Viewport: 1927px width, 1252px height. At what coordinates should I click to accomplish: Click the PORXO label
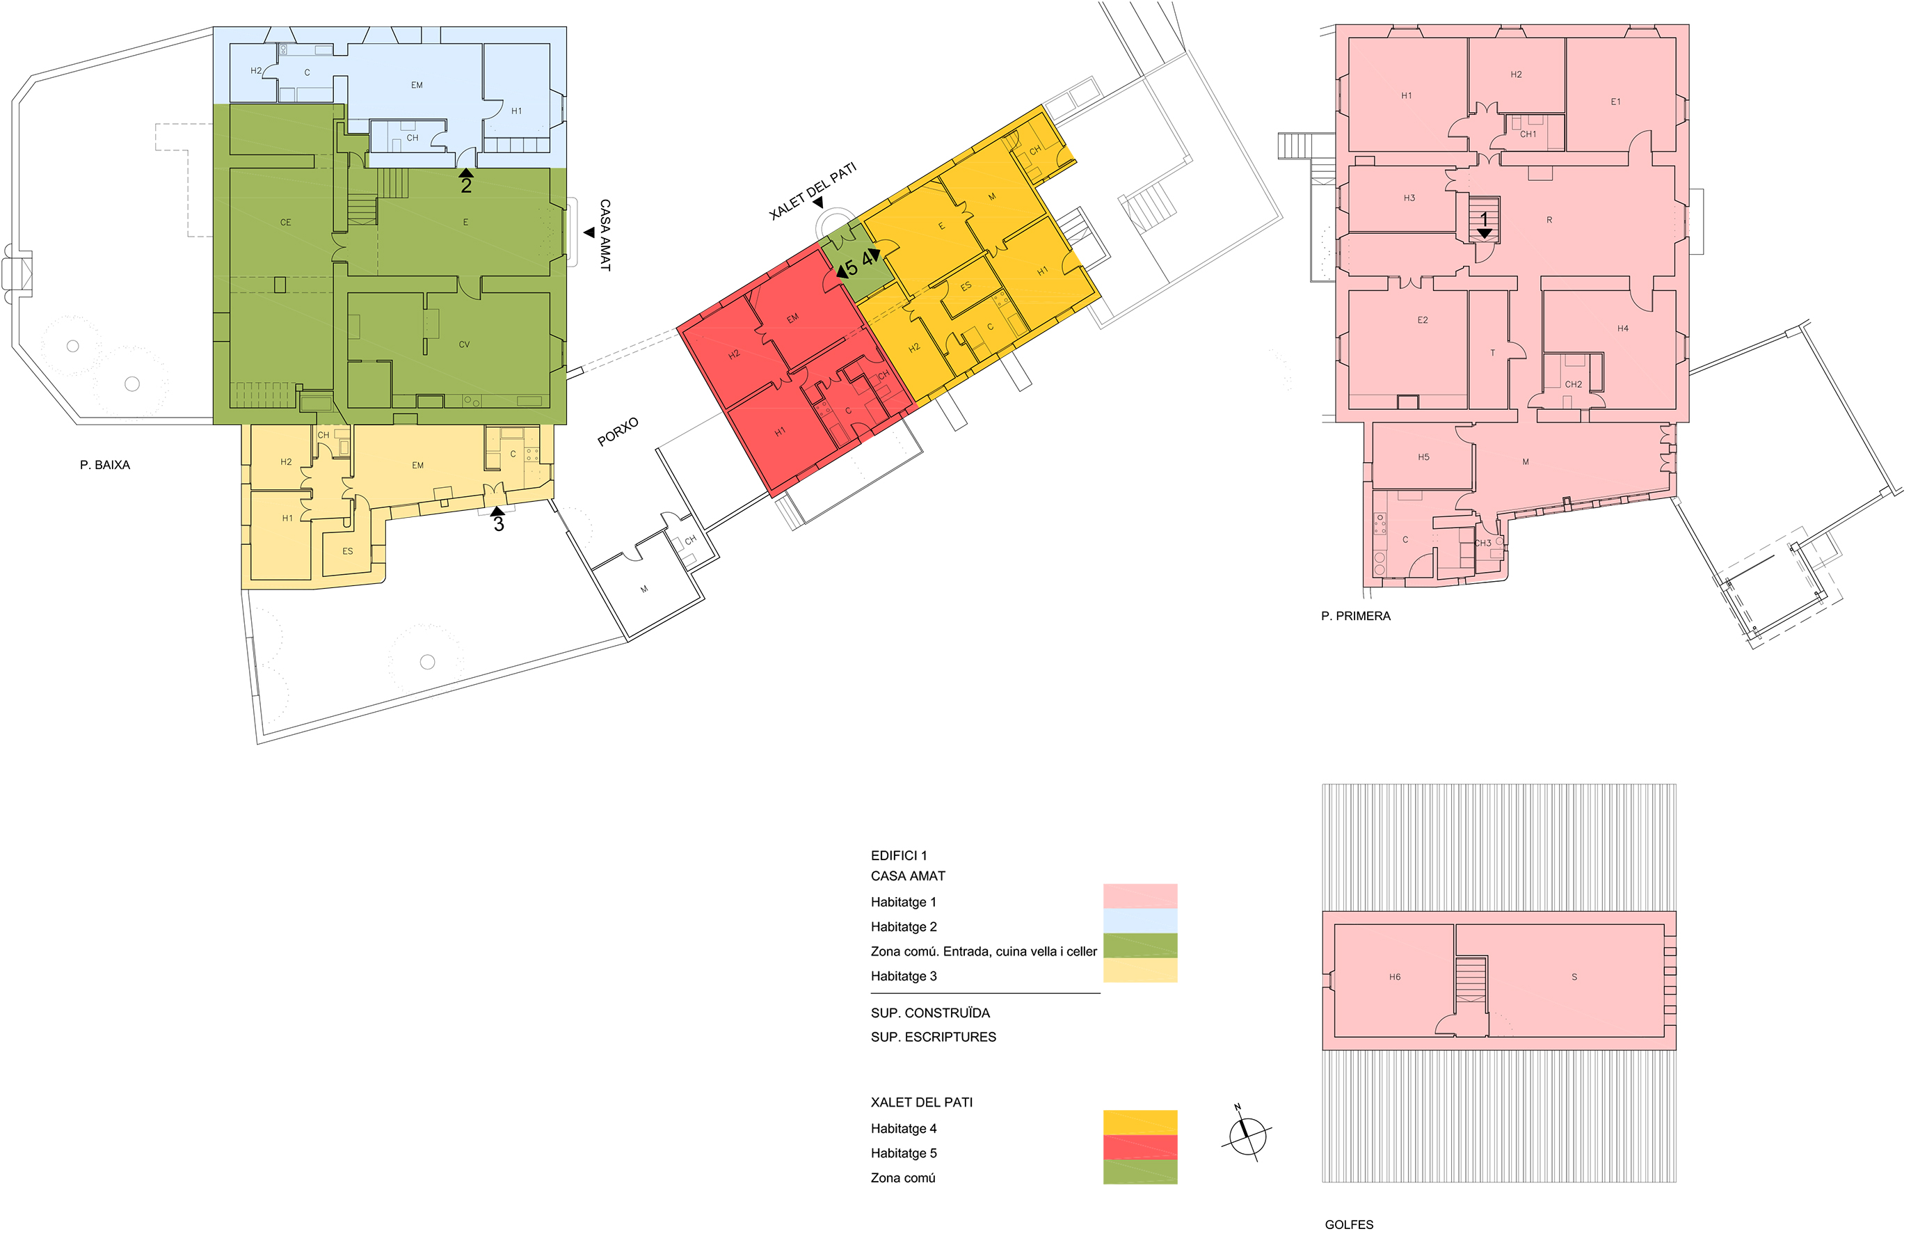tap(618, 431)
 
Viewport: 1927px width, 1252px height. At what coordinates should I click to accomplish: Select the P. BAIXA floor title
tap(105, 465)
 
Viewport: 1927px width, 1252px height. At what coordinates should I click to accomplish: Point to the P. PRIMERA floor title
tap(1355, 617)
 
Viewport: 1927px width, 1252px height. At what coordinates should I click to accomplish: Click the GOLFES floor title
tap(1349, 1224)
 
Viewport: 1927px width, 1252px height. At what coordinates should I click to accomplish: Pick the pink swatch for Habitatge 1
tap(1140, 896)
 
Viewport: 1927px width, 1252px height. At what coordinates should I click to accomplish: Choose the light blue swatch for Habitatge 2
tap(1140, 921)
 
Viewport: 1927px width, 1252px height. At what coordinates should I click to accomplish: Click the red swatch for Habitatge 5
tap(1140, 1147)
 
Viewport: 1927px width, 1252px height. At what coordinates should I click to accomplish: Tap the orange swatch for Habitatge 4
tap(1140, 1123)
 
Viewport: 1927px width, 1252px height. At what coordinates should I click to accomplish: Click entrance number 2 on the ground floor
tap(466, 185)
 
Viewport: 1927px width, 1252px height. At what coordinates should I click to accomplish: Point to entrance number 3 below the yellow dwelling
tap(499, 524)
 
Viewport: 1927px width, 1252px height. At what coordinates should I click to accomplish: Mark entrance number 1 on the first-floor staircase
tap(1484, 219)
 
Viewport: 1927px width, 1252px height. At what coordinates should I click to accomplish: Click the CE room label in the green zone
tap(286, 223)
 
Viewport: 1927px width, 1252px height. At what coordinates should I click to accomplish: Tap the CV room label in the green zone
tap(464, 345)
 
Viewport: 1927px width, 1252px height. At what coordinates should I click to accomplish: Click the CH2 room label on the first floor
tap(1573, 385)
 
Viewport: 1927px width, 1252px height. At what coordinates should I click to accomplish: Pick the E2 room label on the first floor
tap(1423, 321)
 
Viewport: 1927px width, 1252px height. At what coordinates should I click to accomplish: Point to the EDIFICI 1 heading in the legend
tap(899, 856)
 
